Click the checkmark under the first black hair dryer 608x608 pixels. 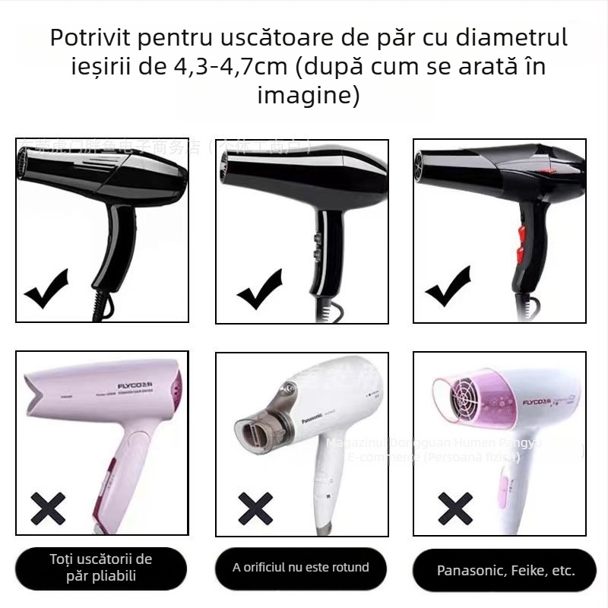pos(47,290)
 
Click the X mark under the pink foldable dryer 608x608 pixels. pos(47,507)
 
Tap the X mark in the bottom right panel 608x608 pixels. pos(455,507)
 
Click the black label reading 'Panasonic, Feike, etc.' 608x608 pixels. pos(505,570)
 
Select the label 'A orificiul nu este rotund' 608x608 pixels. pos(301,567)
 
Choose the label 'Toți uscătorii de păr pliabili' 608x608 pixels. pos(101,568)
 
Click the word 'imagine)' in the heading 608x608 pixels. pos(307,96)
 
